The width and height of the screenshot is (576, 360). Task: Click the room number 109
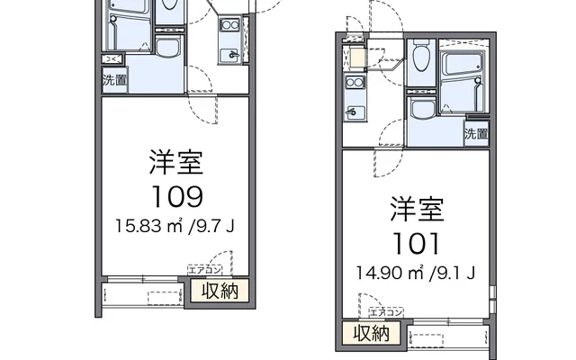[175, 195]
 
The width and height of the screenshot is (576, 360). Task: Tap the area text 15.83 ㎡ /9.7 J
[175, 226]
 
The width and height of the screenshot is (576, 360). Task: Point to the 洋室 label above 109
[175, 164]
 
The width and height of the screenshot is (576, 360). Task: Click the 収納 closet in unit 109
[219, 292]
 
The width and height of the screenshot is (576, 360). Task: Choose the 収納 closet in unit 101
[370, 334]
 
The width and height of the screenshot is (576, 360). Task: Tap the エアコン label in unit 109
[204, 269]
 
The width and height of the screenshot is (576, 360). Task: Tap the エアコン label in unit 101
[386, 311]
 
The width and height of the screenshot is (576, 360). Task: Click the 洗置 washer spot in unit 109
[113, 78]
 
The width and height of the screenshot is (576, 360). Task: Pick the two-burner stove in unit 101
[353, 87]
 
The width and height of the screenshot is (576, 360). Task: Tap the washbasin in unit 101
[420, 109]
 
